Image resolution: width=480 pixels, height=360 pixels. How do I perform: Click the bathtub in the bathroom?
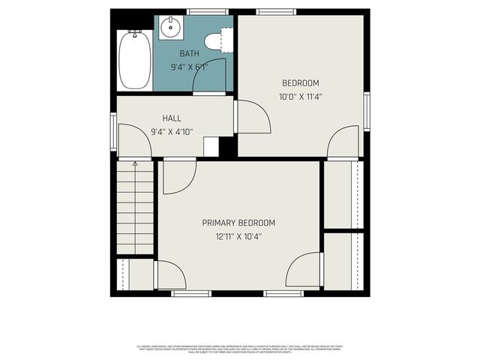pyautogui.click(x=135, y=59)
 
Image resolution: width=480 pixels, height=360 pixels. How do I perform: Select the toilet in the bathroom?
pyautogui.click(x=217, y=42)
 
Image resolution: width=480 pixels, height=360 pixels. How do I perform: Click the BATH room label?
pyautogui.click(x=189, y=54)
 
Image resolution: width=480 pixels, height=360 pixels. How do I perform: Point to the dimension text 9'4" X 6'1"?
pyautogui.click(x=189, y=67)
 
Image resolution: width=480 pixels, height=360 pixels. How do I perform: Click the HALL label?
pyautogui.click(x=172, y=118)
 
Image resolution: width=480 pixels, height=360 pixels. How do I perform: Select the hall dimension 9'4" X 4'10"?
pyautogui.click(x=172, y=132)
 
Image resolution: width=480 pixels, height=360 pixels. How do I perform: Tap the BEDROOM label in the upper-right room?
pyautogui.click(x=301, y=83)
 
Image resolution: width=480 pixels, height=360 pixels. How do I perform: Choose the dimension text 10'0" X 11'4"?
pyautogui.click(x=301, y=96)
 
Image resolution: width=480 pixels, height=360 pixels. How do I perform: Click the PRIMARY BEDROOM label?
pyautogui.click(x=238, y=223)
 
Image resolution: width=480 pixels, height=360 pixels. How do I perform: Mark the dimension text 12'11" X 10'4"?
pyautogui.click(x=238, y=236)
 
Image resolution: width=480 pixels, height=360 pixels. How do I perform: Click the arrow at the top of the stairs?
pyautogui.click(x=135, y=164)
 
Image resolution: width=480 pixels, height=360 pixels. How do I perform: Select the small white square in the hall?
pyautogui.click(x=211, y=146)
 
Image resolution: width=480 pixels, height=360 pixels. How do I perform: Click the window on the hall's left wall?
pyautogui.click(x=113, y=130)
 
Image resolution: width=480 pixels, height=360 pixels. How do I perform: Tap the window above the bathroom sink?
pyautogui.click(x=208, y=12)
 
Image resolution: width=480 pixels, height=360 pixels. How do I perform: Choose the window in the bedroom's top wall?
pyautogui.click(x=269, y=12)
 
